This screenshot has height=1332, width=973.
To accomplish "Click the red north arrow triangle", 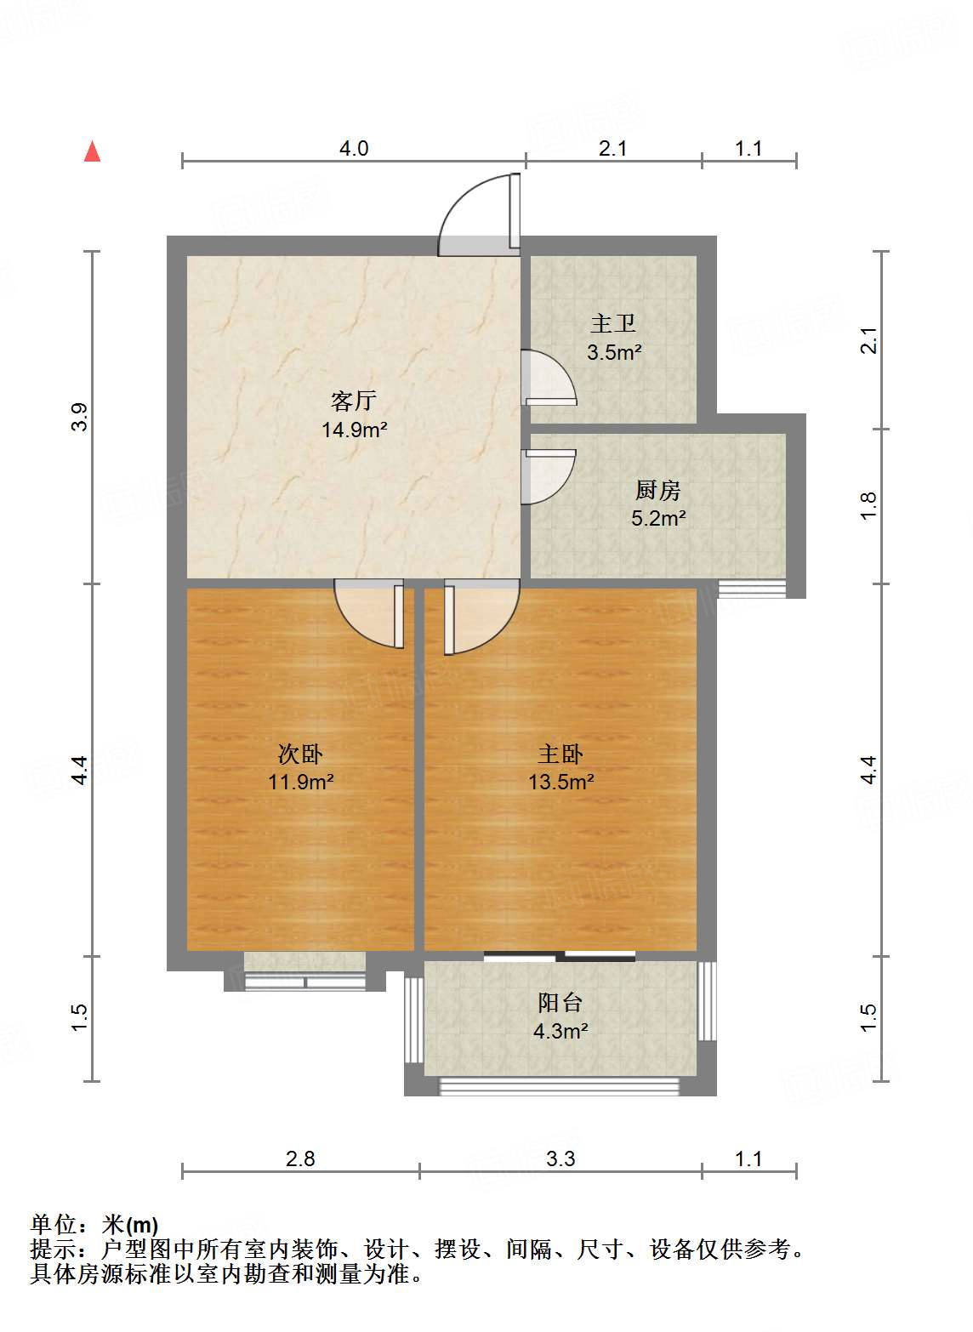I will [x=92, y=152].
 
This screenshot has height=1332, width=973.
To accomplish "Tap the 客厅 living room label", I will [x=354, y=400].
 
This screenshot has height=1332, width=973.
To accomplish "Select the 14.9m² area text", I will [x=354, y=430].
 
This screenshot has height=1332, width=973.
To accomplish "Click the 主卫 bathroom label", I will [x=613, y=323].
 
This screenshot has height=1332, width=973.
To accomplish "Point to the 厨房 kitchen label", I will [x=657, y=490].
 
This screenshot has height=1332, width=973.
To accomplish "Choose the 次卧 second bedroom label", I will [x=300, y=754].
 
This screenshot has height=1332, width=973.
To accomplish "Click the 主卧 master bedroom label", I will [x=560, y=754].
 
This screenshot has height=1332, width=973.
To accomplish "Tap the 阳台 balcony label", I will [x=560, y=1002].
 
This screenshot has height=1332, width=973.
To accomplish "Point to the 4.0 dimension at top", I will [x=354, y=149].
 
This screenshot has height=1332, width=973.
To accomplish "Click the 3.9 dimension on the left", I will [x=79, y=417].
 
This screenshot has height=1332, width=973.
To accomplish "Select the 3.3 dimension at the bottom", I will [x=560, y=1158].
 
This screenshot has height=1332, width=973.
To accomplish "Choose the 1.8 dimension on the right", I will [x=868, y=506].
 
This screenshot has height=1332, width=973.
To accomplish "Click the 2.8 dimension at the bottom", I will [x=300, y=1158].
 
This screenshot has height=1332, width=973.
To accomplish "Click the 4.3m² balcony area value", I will [x=560, y=1032].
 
